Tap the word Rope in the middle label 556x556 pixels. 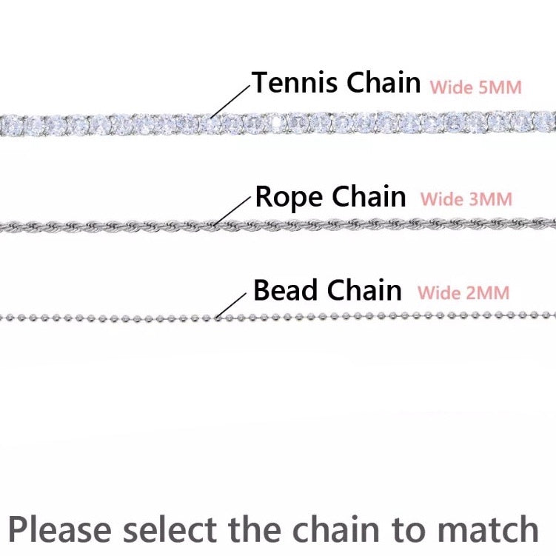(289, 197)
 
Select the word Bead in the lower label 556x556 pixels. (287, 290)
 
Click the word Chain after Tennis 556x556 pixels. (383, 82)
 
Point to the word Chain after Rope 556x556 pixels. (369, 197)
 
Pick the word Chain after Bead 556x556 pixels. (365, 290)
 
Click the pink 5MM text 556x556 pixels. (500, 87)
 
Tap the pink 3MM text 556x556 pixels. (490, 199)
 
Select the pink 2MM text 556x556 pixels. (487, 292)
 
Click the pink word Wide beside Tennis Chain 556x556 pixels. (452, 87)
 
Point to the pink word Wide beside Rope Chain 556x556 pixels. (443, 199)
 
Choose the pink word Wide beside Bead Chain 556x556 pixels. (440, 292)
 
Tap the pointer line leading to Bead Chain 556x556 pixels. (230, 304)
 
